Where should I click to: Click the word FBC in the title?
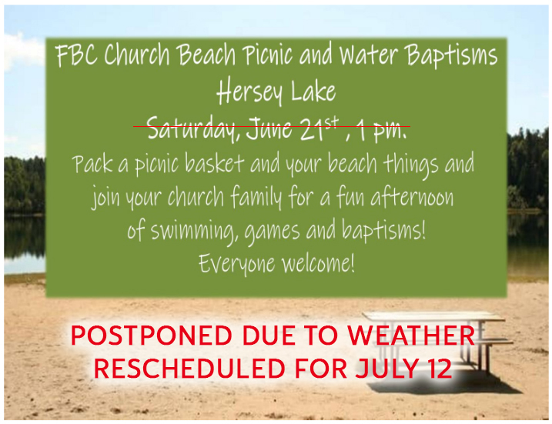(x=76, y=55)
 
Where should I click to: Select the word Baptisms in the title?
(x=451, y=55)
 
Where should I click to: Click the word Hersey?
(x=249, y=92)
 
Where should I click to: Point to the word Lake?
(x=313, y=91)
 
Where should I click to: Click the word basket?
(x=214, y=163)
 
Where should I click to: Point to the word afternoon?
(x=412, y=197)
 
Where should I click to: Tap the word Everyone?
(x=236, y=264)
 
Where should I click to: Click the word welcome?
(x=318, y=263)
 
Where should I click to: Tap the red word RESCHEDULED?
(x=189, y=369)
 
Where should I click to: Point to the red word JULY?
(x=387, y=369)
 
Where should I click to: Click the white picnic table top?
(x=433, y=316)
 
